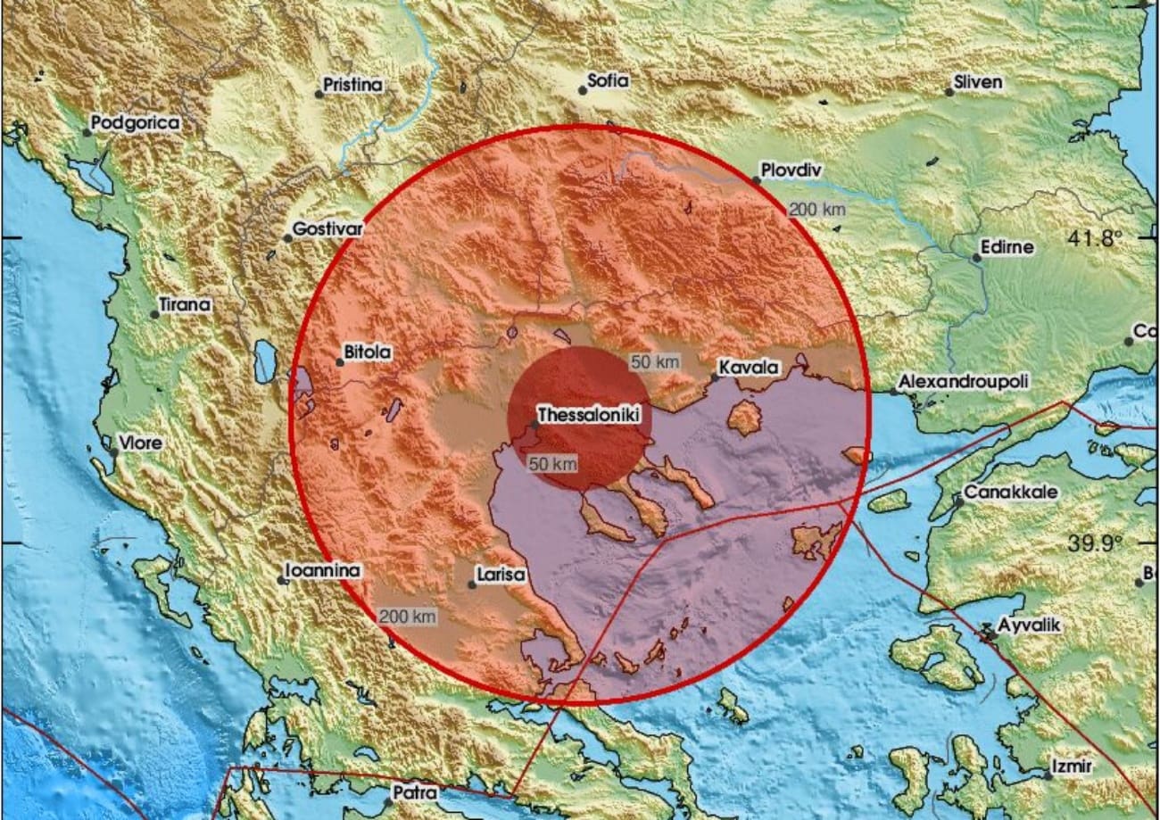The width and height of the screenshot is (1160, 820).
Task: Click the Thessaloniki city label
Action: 589,416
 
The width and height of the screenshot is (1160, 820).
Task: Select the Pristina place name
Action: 352,86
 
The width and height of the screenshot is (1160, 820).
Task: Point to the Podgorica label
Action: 136,123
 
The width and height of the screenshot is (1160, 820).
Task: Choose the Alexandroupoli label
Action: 963,382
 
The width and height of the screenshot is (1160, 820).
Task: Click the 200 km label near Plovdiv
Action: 816,210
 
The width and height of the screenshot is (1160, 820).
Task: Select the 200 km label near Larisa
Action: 407,617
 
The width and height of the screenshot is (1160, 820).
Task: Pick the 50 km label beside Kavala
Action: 655,362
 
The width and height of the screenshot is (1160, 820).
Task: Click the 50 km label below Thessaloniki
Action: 552,464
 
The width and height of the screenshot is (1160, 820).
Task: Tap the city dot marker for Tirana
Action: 154,314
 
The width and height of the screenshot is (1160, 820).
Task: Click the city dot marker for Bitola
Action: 339,362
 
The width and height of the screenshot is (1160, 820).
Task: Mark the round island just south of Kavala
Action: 744,417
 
